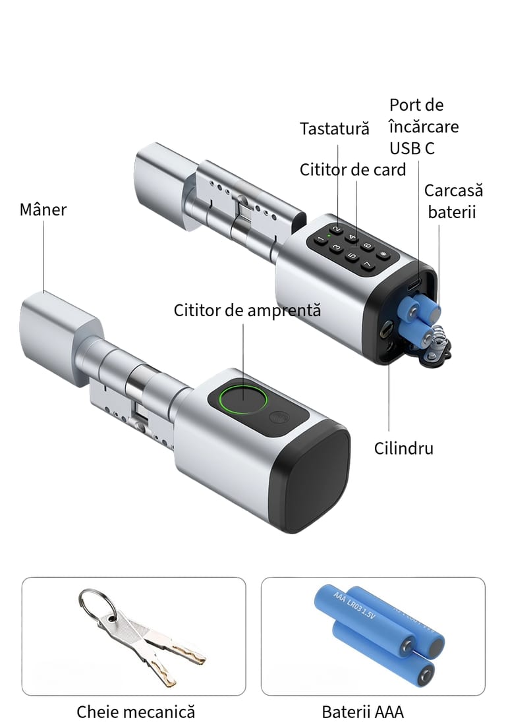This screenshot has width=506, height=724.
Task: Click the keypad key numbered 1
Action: click(319, 240)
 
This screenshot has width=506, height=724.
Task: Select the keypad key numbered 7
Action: click(368, 265)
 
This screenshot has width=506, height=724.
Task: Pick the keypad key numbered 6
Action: click(368, 245)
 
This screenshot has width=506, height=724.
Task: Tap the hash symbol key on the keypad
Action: click(383, 254)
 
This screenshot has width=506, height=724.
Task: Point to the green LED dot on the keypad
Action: click(328, 236)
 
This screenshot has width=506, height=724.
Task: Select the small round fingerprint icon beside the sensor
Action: click(279, 418)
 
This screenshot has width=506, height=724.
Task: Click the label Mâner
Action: click(43, 209)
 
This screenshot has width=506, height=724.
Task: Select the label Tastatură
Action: click(335, 129)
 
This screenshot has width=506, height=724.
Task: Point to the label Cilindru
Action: click(403, 449)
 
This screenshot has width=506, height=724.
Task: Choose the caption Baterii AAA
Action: click(363, 711)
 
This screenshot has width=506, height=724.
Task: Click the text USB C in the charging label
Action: click(412, 148)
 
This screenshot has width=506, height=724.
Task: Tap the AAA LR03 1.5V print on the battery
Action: click(354, 604)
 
